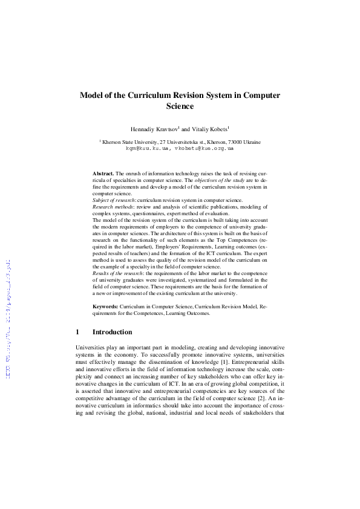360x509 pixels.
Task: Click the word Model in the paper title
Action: tap(93, 96)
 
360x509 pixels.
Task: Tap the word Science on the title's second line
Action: tap(180, 107)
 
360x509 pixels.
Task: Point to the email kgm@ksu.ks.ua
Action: tap(147, 147)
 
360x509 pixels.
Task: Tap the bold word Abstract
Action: tap(103, 173)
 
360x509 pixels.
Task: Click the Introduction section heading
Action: tap(112, 332)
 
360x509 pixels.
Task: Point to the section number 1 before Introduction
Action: tap(78, 332)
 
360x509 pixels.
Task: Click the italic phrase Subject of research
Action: tap(113, 199)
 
